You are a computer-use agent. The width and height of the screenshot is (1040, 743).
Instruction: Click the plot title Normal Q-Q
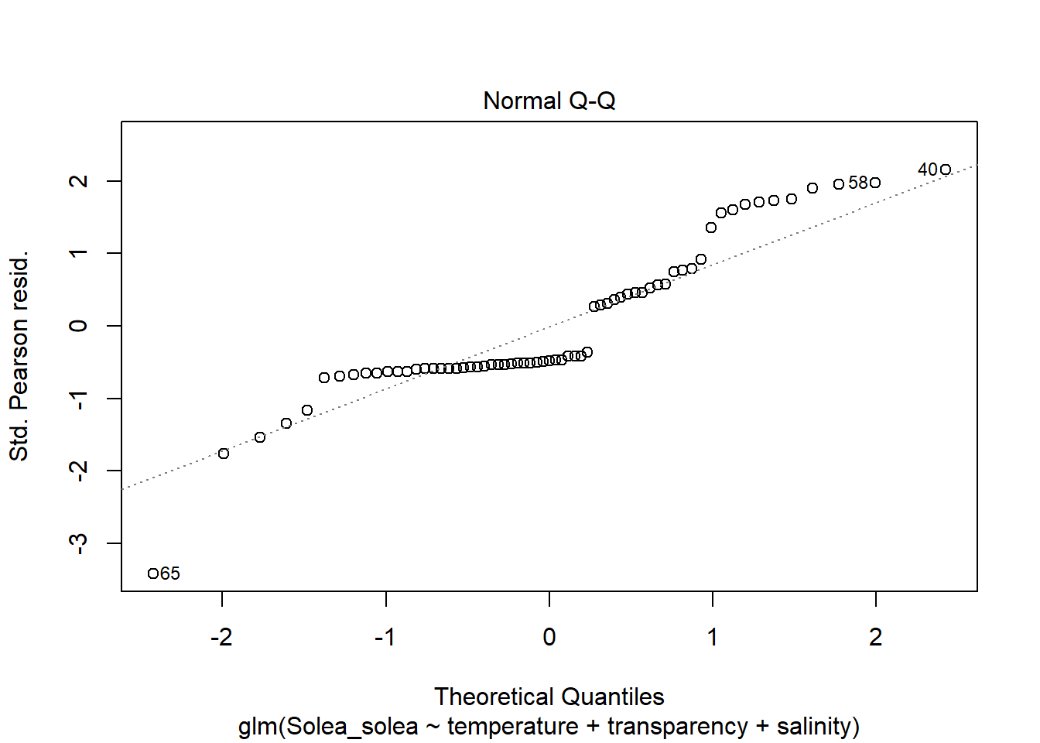coord(549,101)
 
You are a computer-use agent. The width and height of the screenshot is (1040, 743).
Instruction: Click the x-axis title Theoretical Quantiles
coord(549,697)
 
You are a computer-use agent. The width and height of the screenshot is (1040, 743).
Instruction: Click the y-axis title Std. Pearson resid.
coord(19,356)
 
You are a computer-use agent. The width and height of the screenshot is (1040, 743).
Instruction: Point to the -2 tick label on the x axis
coord(221,637)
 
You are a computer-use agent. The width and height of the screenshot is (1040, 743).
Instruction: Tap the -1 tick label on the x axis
coord(385,637)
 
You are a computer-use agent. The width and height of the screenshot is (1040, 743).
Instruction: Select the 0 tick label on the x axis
coord(549,637)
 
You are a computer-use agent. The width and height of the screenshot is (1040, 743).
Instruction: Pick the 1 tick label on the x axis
coord(712,637)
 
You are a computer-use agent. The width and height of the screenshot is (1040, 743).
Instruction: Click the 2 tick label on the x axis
coord(875,637)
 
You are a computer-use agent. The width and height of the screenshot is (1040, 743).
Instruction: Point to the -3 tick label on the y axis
coord(79,543)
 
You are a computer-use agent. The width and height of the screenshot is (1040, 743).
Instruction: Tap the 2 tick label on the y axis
coord(79,181)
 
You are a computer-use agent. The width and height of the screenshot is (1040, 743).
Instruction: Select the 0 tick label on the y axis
coord(79,326)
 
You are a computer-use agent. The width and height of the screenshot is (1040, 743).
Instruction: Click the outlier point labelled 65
coord(153,574)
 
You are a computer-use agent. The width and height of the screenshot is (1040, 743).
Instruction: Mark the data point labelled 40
coord(945,169)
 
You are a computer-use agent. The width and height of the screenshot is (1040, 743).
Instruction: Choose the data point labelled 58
coord(874,183)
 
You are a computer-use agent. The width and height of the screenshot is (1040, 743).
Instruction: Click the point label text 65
coord(170,574)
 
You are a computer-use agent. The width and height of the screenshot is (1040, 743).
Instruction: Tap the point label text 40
coord(927,169)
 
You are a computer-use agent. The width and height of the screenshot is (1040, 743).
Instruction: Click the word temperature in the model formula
coord(512,727)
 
